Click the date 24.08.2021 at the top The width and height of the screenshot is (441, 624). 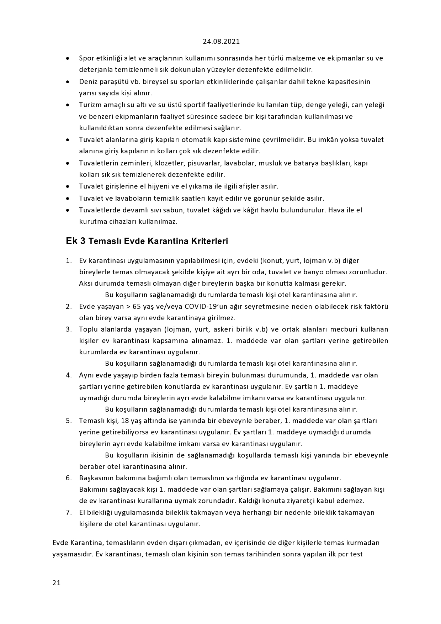221,41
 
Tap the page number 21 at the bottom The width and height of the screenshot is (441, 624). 56,583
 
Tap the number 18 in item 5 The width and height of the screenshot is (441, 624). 125,421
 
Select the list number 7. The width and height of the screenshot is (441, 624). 69,512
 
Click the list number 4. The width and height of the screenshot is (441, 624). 69,375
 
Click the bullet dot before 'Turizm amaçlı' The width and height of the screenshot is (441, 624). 68,105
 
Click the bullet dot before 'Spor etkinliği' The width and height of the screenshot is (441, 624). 68,58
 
